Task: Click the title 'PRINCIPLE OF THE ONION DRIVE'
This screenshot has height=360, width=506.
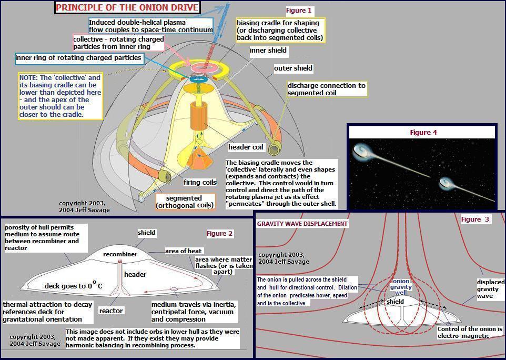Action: click(x=127, y=7)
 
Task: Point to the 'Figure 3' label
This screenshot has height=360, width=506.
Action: click(x=475, y=219)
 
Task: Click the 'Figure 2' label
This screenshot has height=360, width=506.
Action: click(x=220, y=233)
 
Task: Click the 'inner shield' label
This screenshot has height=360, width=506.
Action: click(x=268, y=51)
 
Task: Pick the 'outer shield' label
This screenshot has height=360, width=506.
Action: click(x=293, y=68)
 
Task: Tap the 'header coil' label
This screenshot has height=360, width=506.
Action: click(x=246, y=147)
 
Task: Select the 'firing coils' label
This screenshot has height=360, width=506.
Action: click(x=200, y=182)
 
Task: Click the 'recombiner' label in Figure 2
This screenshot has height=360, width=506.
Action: click(x=120, y=254)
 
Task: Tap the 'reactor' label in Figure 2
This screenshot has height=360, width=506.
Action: click(x=111, y=311)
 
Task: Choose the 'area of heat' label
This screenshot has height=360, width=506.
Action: click(x=184, y=251)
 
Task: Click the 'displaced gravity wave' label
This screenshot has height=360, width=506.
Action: click(x=491, y=288)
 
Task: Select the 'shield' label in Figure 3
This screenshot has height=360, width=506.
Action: click(x=395, y=302)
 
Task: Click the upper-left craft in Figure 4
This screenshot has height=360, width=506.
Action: click(x=363, y=152)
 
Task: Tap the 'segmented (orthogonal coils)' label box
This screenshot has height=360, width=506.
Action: click(x=185, y=201)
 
